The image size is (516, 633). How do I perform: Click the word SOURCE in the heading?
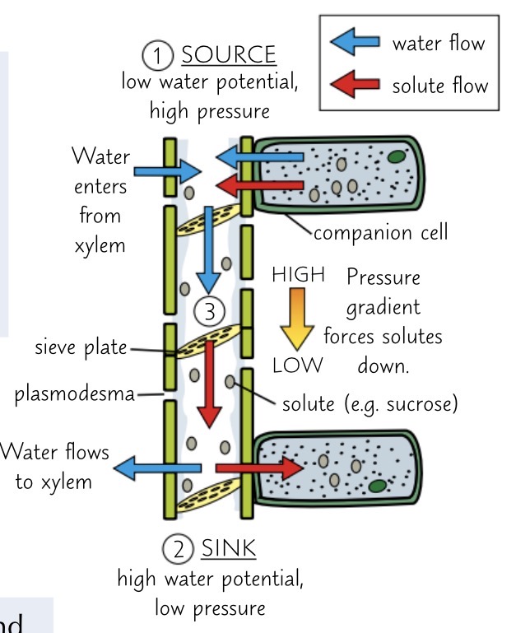coord(228,55)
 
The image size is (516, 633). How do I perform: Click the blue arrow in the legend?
coord(356,42)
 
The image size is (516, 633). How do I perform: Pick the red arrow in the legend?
coord(356,84)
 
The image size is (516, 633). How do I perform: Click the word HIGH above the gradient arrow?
coord(299,275)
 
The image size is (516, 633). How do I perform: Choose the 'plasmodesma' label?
coord(74,395)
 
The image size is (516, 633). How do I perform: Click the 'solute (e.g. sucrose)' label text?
coord(370,404)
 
